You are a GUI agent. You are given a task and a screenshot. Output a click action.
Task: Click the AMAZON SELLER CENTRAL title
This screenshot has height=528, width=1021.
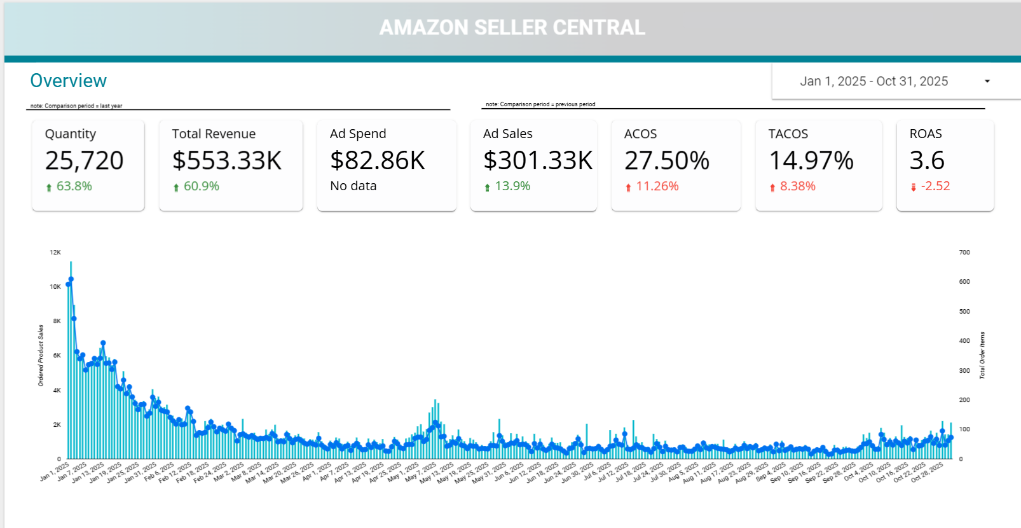[512, 27]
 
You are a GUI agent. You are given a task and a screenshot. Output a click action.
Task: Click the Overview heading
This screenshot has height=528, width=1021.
[69, 81]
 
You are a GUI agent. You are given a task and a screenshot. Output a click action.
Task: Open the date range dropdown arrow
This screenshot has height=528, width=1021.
[987, 81]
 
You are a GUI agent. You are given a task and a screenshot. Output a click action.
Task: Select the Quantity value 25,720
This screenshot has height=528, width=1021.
[85, 160]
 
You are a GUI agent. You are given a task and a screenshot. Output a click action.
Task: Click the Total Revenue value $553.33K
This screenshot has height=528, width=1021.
[227, 160]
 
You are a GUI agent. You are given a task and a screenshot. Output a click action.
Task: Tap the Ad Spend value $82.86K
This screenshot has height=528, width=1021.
[378, 160]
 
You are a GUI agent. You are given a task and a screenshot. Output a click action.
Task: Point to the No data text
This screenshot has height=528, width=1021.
[353, 186]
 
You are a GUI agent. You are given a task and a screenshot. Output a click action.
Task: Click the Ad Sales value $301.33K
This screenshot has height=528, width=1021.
[538, 160]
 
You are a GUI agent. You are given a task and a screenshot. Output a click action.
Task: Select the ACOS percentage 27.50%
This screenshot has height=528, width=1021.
[667, 160]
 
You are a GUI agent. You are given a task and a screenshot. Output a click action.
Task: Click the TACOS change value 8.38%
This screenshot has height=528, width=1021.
[797, 186]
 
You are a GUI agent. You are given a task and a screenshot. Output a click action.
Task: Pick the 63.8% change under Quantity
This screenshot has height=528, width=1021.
[74, 186]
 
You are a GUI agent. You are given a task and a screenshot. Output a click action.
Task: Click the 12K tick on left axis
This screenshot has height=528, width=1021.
[55, 253]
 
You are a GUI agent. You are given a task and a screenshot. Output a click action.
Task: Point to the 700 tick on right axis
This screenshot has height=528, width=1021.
[964, 253]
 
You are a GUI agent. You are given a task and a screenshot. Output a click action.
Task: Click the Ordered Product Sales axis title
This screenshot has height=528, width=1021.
[41, 356]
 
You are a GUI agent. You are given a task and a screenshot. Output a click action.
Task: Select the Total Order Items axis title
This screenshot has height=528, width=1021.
[982, 356]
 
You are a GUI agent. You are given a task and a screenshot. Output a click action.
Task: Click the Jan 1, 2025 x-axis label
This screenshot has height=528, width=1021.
[55, 471]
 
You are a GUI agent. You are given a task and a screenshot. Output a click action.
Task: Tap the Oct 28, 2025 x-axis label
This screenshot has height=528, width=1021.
[928, 473]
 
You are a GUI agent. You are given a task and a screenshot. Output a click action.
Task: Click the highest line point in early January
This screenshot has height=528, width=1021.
[71, 279]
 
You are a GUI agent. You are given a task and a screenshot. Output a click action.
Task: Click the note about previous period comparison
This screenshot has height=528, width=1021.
[540, 104]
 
